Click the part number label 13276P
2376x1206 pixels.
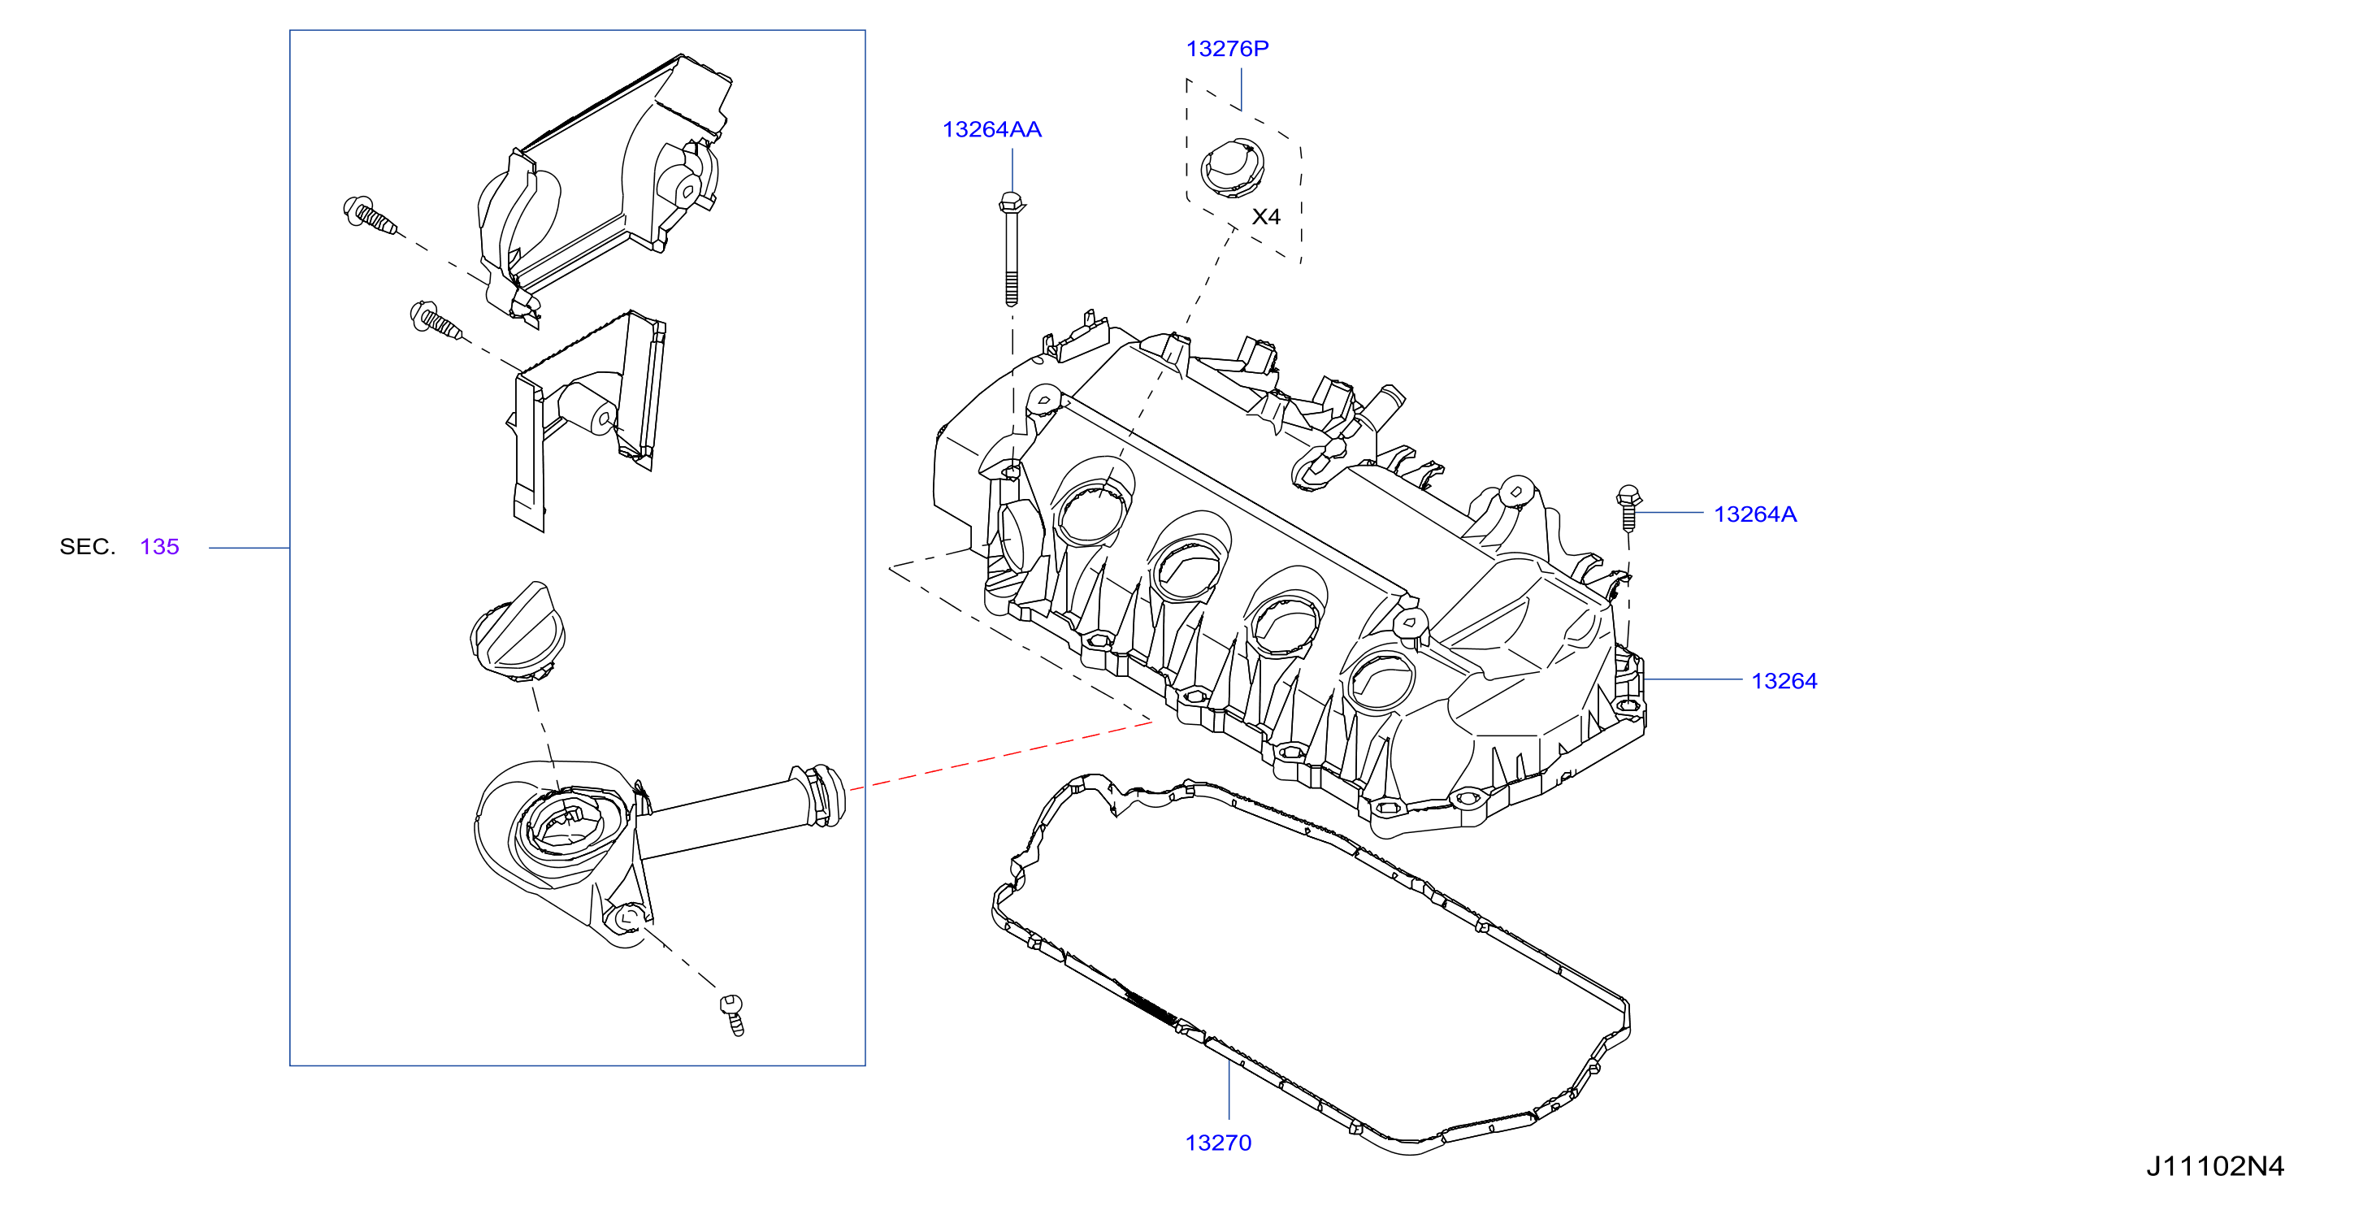pyautogui.click(x=1227, y=49)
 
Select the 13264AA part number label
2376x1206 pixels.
pyautogui.click(x=991, y=129)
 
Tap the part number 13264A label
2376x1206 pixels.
pyautogui.click(x=1754, y=514)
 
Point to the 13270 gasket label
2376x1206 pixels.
pyautogui.click(x=1217, y=1143)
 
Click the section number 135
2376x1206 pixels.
pyautogui.click(x=159, y=546)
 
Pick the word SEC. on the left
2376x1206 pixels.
pyautogui.click(x=88, y=546)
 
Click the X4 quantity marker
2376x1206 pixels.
pyautogui.click(x=1265, y=217)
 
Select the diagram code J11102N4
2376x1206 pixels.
pyautogui.click(x=2214, y=1166)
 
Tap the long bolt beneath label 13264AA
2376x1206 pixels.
pyautogui.click(x=1011, y=249)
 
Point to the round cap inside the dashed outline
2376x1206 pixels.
pyautogui.click(x=1231, y=167)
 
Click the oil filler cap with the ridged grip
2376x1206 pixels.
pyautogui.click(x=518, y=631)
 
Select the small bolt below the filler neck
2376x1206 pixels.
pyautogui.click(x=732, y=1015)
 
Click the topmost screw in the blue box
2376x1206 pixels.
pyautogui.click(x=369, y=215)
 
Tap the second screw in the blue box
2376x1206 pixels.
pyautogui.click(x=436, y=320)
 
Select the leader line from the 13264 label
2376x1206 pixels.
pyautogui.click(x=1693, y=680)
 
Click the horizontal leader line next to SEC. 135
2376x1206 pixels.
pyautogui.click(x=249, y=548)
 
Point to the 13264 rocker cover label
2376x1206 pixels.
pyautogui.click(x=1784, y=681)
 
